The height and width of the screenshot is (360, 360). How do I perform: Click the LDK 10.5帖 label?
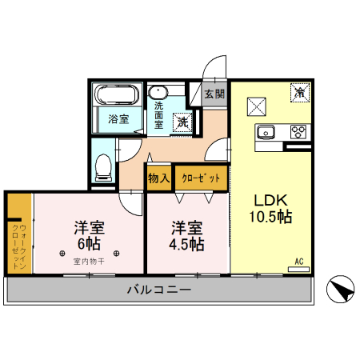[272, 208]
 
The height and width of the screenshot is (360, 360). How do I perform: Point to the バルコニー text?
[158, 290]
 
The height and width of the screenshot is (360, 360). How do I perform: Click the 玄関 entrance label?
[214, 94]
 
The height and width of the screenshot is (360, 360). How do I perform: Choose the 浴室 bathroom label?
[117, 120]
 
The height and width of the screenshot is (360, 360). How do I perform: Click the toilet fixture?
[102, 165]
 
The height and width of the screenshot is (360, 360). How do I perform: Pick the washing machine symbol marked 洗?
[182, 122]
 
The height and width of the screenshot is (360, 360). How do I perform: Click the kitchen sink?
[266, 132]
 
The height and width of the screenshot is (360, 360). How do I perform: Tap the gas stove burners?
[298, 132]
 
